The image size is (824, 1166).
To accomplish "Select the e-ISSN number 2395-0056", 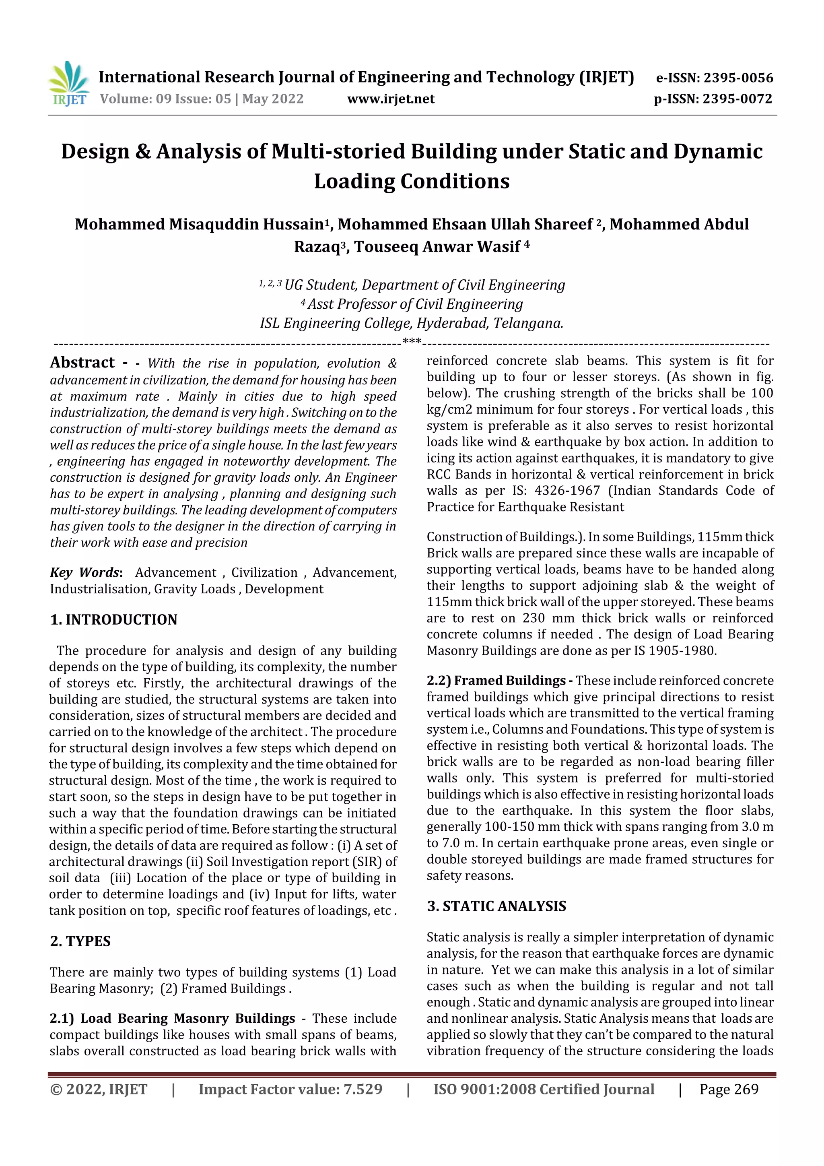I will point(738,78).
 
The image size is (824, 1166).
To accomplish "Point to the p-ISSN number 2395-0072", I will point(737,99).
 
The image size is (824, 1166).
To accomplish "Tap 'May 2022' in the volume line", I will point(273,99).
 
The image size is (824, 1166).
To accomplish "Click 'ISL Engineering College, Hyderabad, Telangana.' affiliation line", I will point(411,324).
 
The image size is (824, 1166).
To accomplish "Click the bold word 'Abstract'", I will point(82,363).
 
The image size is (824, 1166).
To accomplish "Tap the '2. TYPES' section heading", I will point(80,941).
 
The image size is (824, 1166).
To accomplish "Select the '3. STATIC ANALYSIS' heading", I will point(496,906).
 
